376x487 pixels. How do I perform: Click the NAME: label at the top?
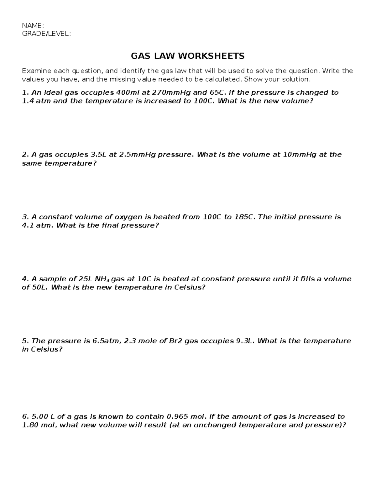[33, 25]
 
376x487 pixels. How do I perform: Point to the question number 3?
[25, 217]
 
